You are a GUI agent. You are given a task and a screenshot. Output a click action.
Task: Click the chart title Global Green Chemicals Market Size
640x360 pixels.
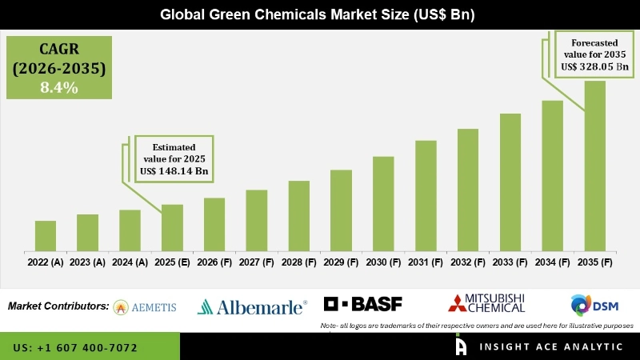320,14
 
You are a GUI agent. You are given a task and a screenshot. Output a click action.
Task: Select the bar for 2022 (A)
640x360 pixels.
46,235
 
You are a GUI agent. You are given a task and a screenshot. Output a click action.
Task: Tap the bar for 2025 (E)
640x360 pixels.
172,227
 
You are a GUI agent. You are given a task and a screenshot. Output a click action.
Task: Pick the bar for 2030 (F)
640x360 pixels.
383,203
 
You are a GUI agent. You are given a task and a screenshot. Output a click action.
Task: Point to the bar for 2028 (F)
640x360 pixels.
298,215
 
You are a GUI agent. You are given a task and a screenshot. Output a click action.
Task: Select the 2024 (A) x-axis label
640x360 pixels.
130,262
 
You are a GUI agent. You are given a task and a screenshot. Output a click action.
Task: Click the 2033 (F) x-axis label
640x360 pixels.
510,262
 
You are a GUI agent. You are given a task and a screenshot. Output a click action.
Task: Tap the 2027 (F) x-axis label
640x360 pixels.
256,262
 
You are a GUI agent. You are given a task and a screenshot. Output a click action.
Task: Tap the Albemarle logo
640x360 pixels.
252,306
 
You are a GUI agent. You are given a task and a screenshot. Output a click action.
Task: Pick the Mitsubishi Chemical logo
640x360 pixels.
486,303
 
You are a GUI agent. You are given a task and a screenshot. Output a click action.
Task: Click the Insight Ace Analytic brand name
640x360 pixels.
552,347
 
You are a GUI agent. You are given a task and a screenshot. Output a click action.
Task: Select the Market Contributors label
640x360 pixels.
58,306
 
